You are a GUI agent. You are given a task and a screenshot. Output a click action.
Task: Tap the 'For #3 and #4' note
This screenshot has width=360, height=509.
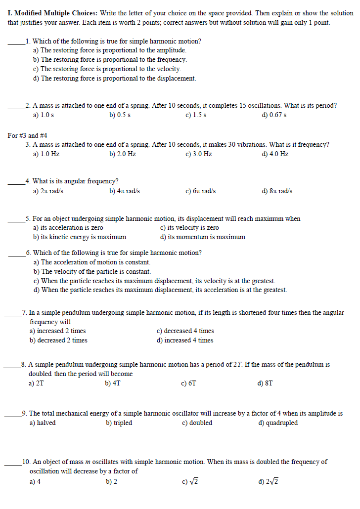pos(28,135)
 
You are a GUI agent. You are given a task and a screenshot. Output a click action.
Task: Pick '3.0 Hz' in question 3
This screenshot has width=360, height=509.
pos(198,154)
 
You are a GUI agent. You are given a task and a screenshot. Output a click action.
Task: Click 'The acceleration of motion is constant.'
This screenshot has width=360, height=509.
pos(91,262)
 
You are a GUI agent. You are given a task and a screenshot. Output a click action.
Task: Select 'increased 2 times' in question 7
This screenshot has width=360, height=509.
pos(57,331)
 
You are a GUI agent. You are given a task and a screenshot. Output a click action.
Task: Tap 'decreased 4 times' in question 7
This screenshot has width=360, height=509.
pos(185,331)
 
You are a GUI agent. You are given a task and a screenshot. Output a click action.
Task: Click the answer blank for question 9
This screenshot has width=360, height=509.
pos(13,416)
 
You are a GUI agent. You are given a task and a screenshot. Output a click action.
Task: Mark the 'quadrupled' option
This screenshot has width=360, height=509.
pos(278,423)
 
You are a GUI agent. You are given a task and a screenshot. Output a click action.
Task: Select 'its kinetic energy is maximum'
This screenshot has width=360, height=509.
pos(80,237)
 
